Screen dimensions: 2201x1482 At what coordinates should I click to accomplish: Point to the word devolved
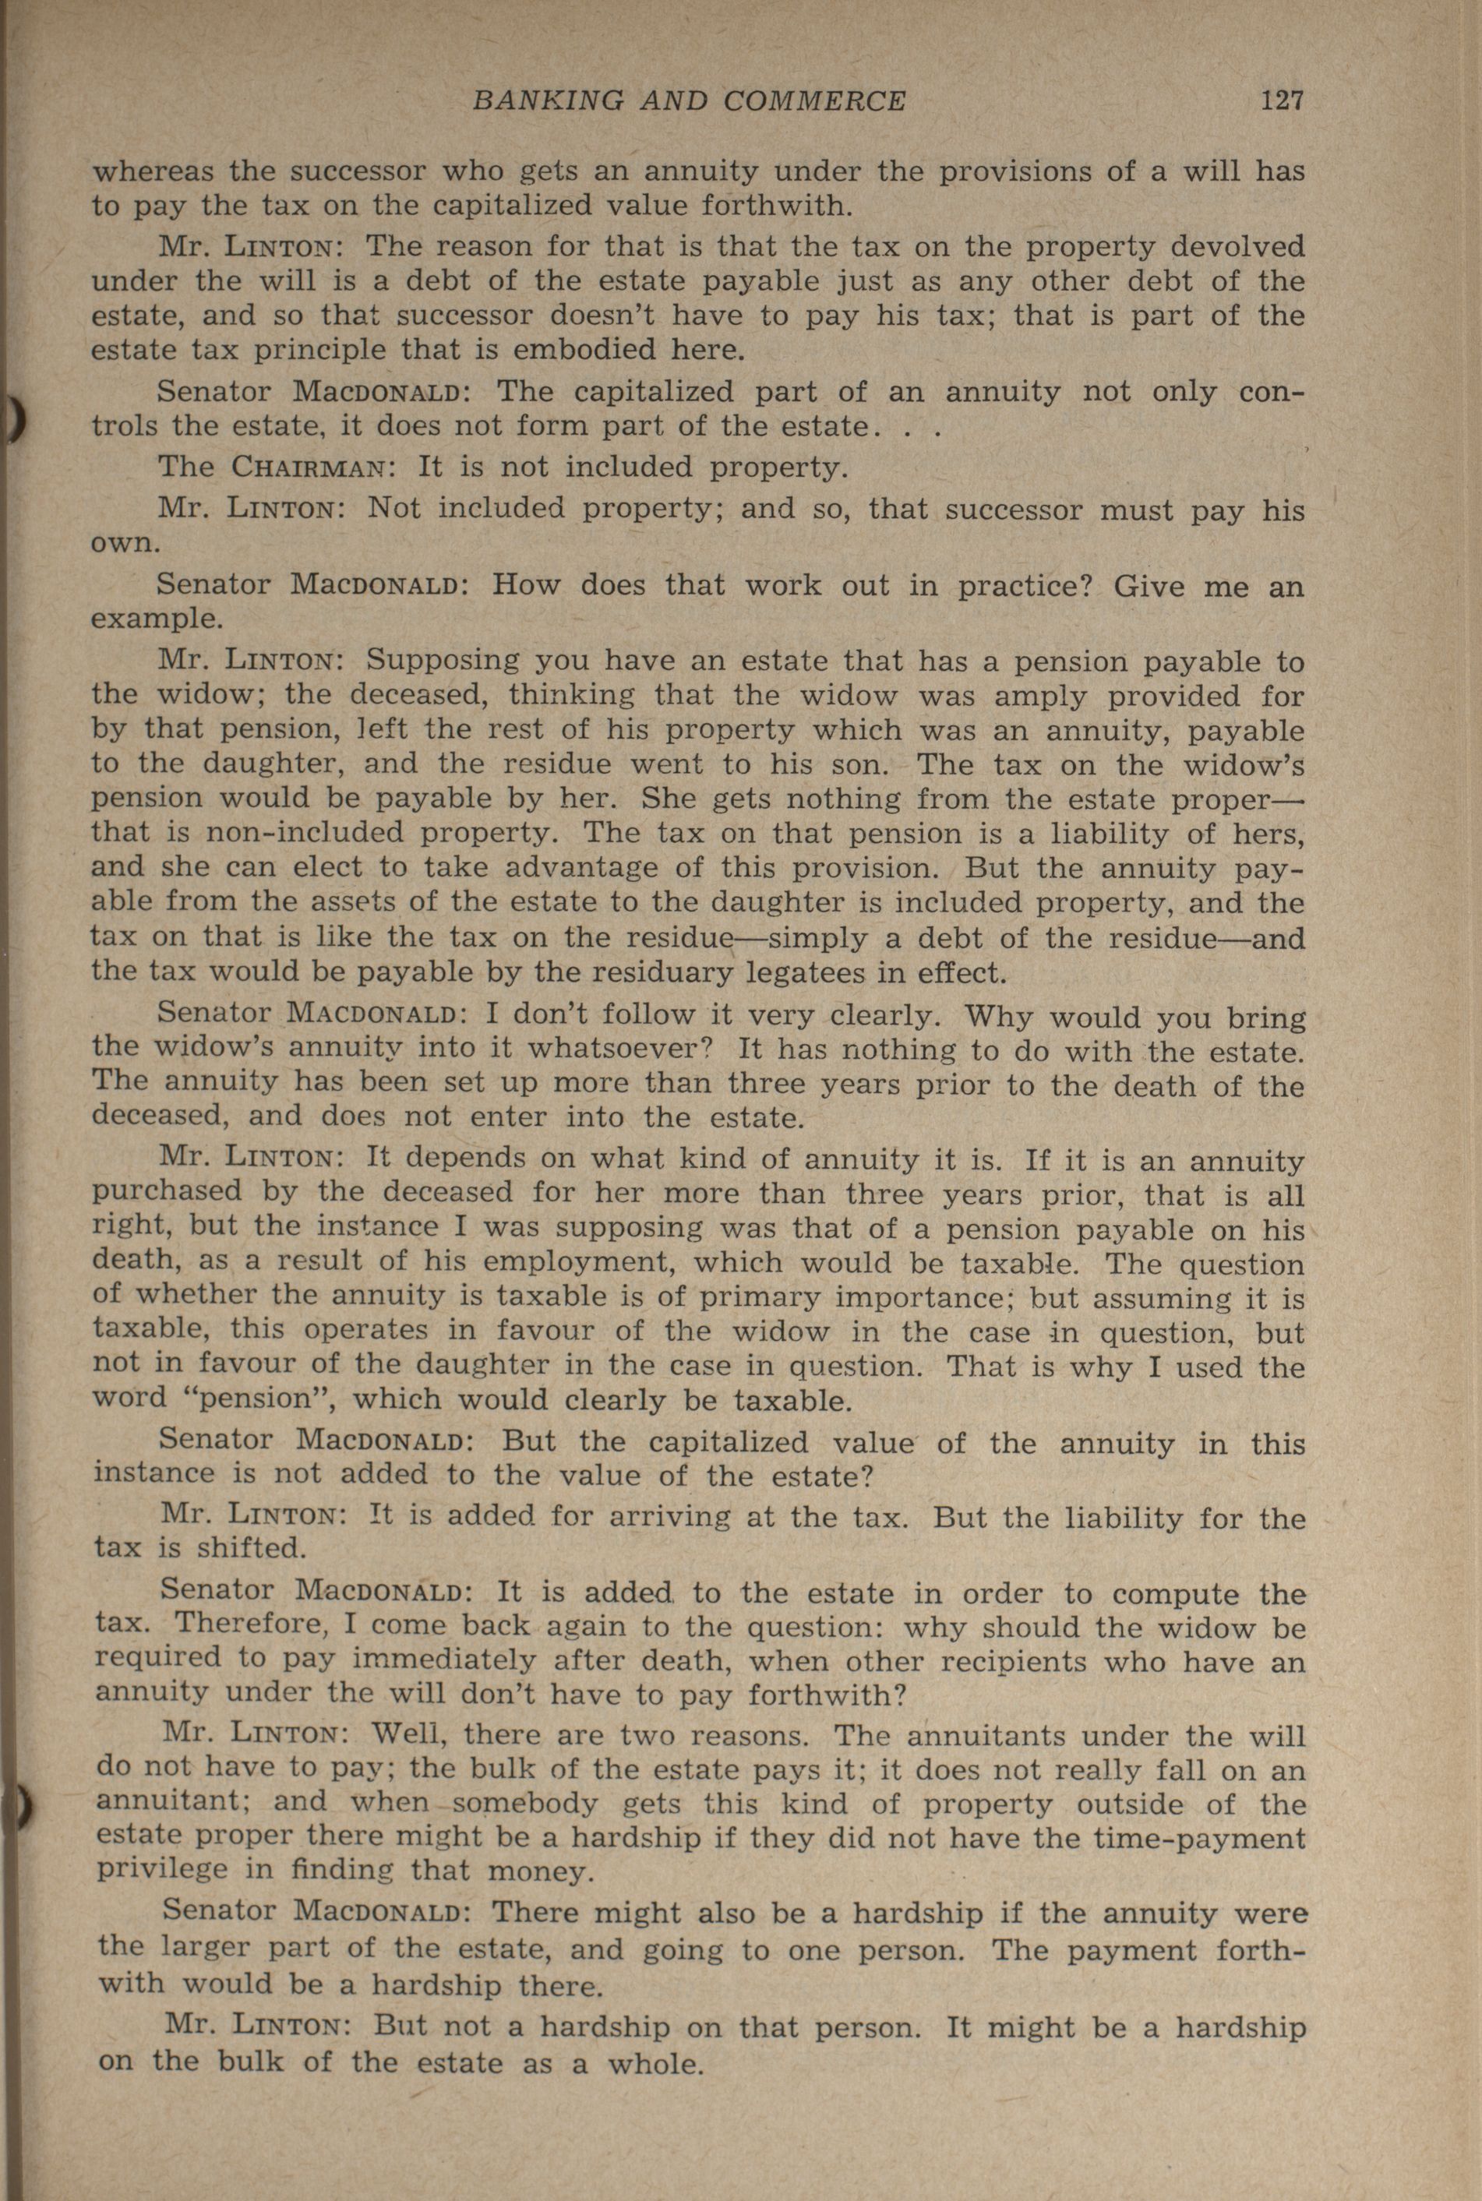pyautogui.click(x=1237, y=248)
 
